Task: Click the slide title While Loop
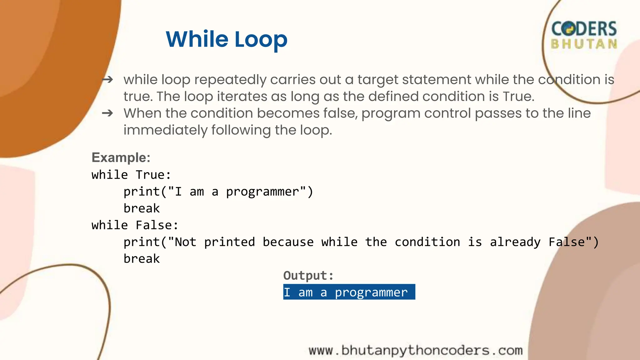(226, 39)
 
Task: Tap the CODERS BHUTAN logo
(584, 35)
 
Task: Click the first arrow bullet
(107, 80)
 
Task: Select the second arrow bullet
(107, 113)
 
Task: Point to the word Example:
(121, 157)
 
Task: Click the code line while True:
(131, 175)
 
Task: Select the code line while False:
(135, 225)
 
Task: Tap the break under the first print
(142, 208)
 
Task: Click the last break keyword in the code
(142, 259)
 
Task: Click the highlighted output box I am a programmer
(349, 292)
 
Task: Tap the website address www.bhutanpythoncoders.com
(416, 351)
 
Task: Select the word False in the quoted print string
(567, 242)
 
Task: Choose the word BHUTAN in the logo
(584, 44)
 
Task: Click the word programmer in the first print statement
(262, 192)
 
